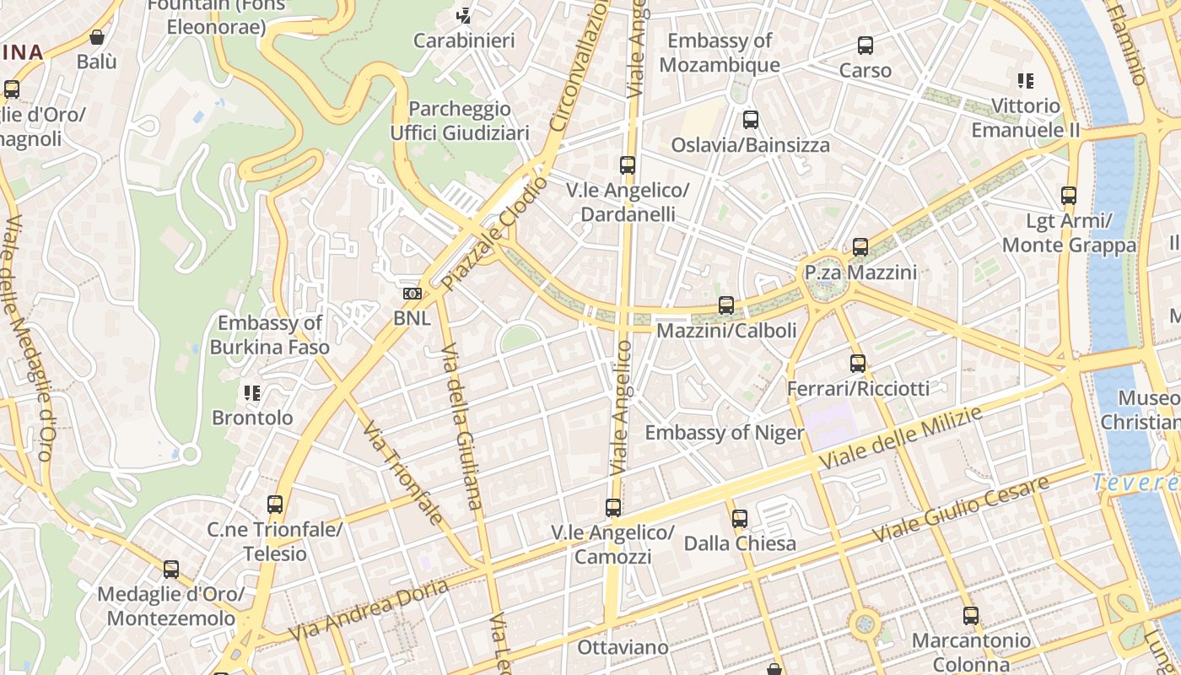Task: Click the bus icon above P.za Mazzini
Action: pos(860,247)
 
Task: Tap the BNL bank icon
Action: pos(413,294)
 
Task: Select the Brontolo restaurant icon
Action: pos(251,392)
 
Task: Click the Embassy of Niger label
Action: pos(724,433)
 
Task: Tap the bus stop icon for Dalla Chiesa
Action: pos(740,518)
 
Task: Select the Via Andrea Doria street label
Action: pos(368,610)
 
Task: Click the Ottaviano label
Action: pos(623,648)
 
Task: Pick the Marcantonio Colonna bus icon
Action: pos(971,616)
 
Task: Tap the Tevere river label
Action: pos(1135,483)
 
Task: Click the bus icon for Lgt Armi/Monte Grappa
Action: pos(1069,196)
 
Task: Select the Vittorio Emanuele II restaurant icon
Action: pos(1026,81)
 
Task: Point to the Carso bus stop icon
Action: pos(866,46)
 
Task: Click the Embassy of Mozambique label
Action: pos(720,52)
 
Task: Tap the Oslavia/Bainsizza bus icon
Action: pos(751,120)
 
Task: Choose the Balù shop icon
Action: pos(97,37)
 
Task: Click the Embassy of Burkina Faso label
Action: pos(270,335)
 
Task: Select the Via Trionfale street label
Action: pos(402,472)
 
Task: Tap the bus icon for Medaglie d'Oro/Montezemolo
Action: pos(171,570)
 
